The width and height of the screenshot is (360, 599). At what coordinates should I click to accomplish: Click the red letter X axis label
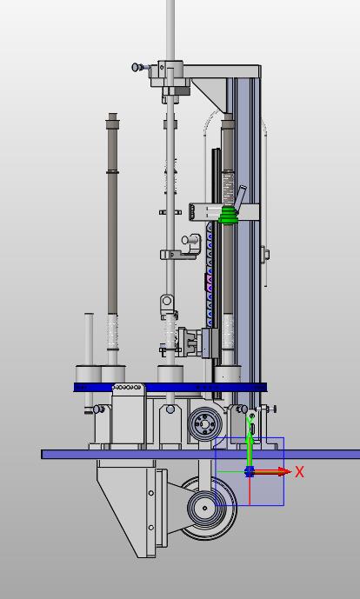tap(299, 472)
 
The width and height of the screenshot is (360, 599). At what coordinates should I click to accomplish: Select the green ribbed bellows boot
tap(229, 216)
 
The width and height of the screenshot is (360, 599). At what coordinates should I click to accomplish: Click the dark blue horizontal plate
tap(170, 388)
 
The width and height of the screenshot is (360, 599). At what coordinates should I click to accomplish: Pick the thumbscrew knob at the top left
tap(136, 67)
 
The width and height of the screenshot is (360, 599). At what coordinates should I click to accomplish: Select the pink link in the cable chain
tap(209, 282)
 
